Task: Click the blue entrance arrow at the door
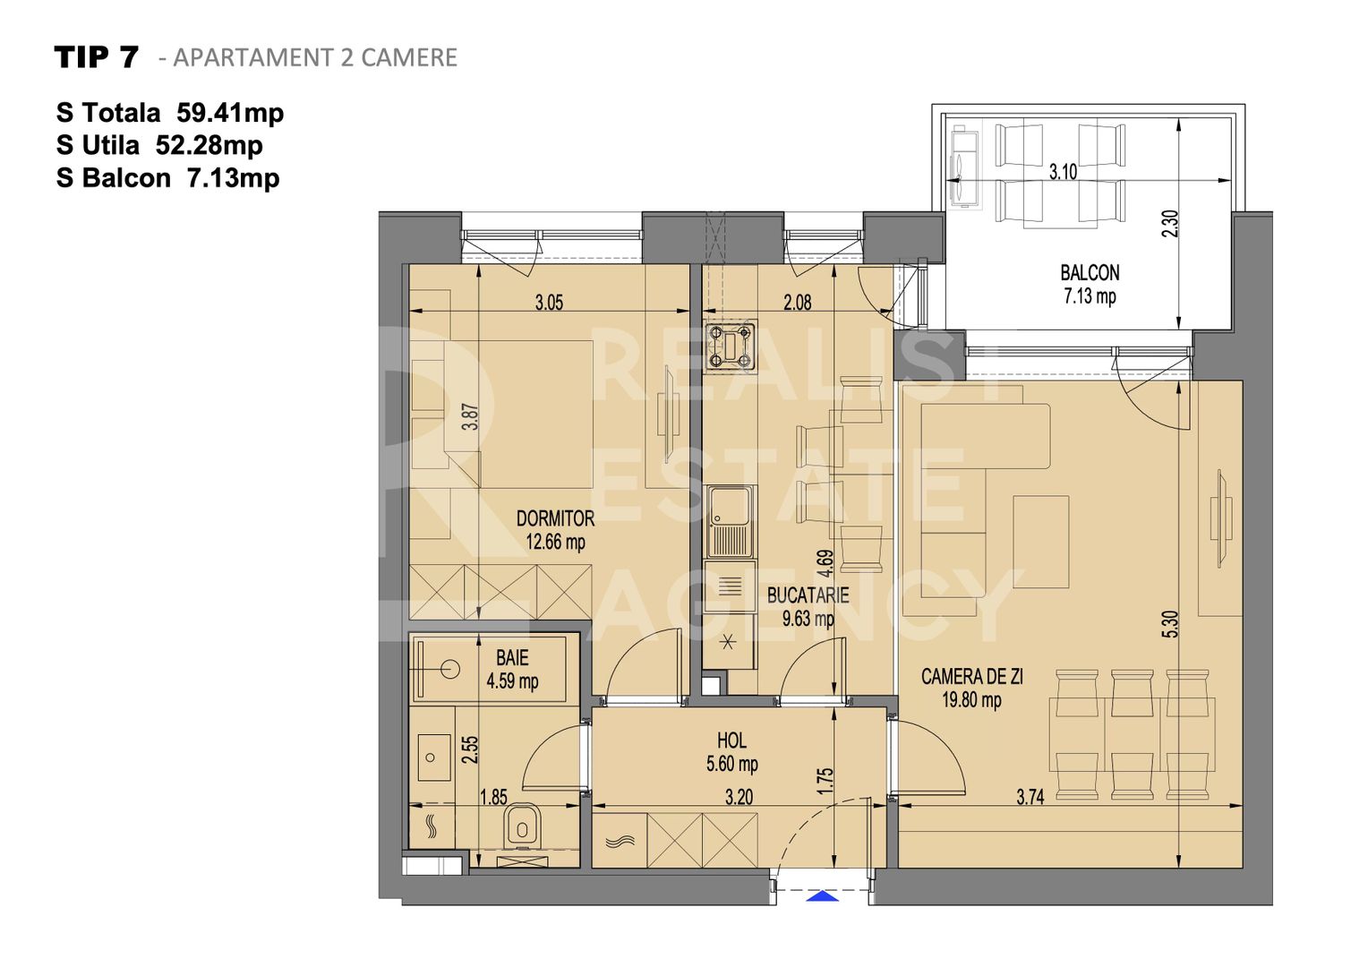click(823, 895)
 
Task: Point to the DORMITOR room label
click(555, 518)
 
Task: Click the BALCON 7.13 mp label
click(1090, 284)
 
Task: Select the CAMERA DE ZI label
click(971, 677)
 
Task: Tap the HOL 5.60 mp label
click(731, 752)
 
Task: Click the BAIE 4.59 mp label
click(512, 670)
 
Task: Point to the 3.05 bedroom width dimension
click(549, 303)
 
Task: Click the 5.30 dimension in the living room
click(1170, 624)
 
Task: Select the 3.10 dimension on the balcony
click(1063, 172)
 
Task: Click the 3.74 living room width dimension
click(1030, 797)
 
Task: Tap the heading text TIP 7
click(97, 57)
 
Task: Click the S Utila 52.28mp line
click(159, 145)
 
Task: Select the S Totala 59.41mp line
click(170, 113)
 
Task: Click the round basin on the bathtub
click(451, 668)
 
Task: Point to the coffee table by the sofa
click(1040, 542)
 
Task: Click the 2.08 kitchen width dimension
click(797, 303)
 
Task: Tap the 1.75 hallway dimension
click(825, 779)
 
